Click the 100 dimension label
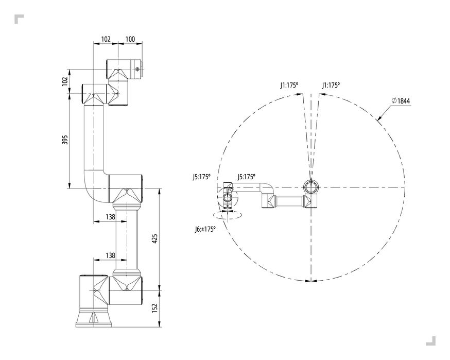(130, 39)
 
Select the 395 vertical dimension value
(65, 140)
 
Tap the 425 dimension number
(154, 239)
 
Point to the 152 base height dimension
(154, 308)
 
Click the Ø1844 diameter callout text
(401, 100)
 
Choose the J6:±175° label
(205, 229)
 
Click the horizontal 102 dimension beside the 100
(106, 39)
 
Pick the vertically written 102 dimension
(65, 81)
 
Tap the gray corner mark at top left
(19, 18)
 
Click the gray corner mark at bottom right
(431, 341)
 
